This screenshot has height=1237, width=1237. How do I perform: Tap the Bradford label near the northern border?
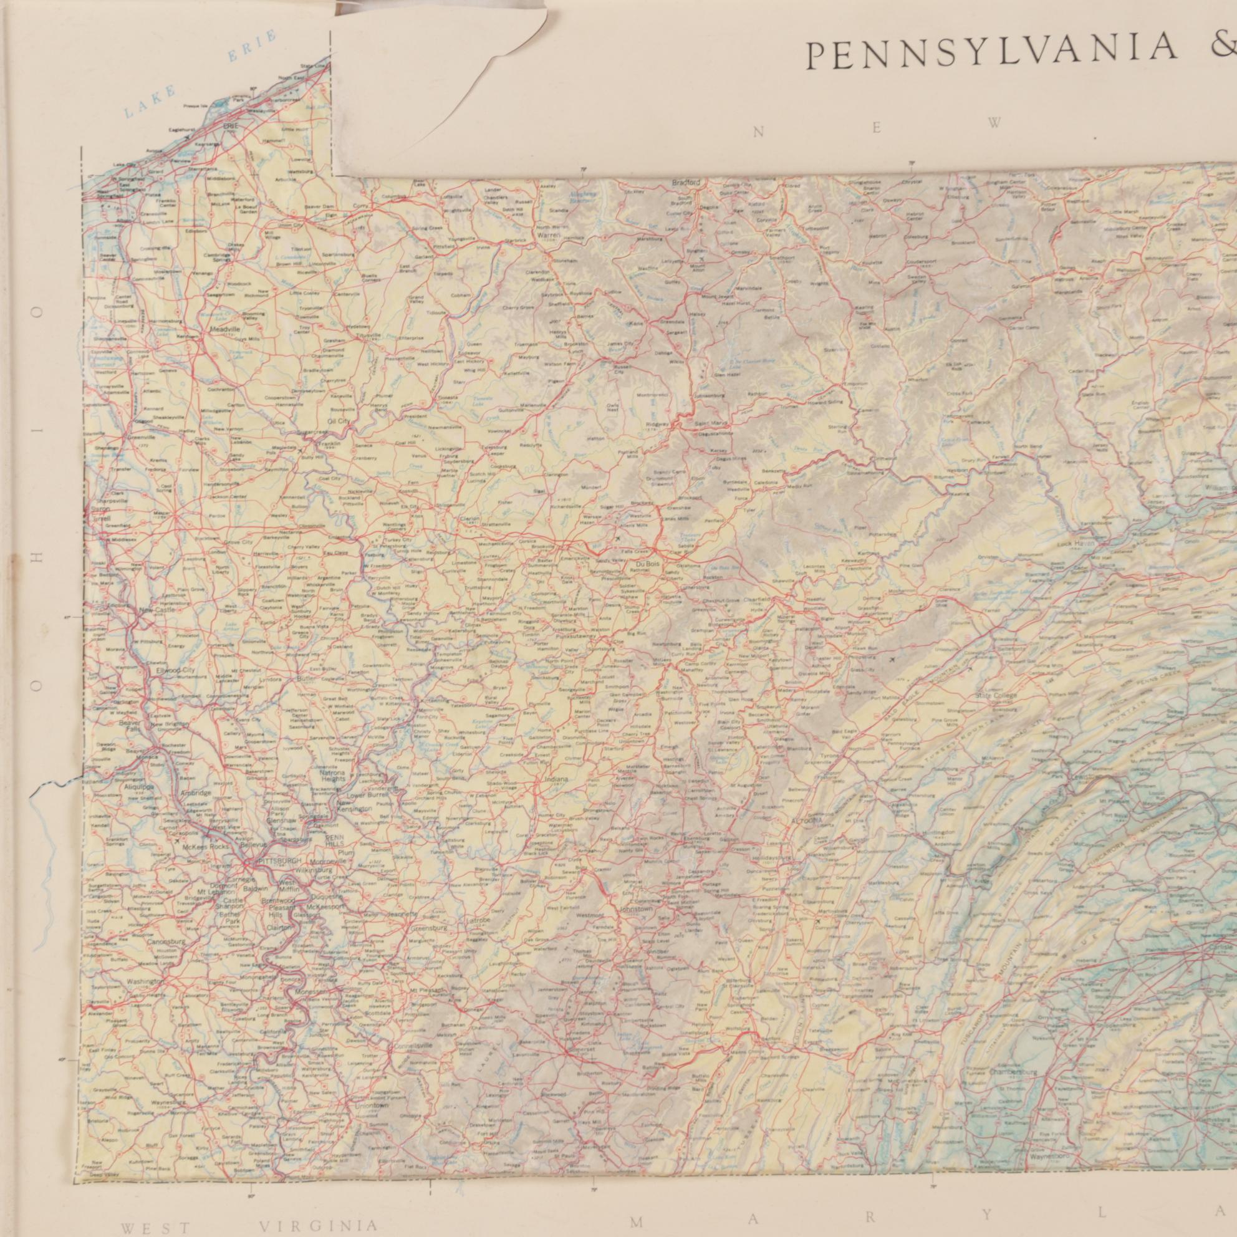(686, 183)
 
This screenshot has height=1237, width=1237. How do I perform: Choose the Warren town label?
(549, 235)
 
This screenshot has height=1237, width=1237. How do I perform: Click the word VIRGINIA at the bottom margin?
(318, 1225)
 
